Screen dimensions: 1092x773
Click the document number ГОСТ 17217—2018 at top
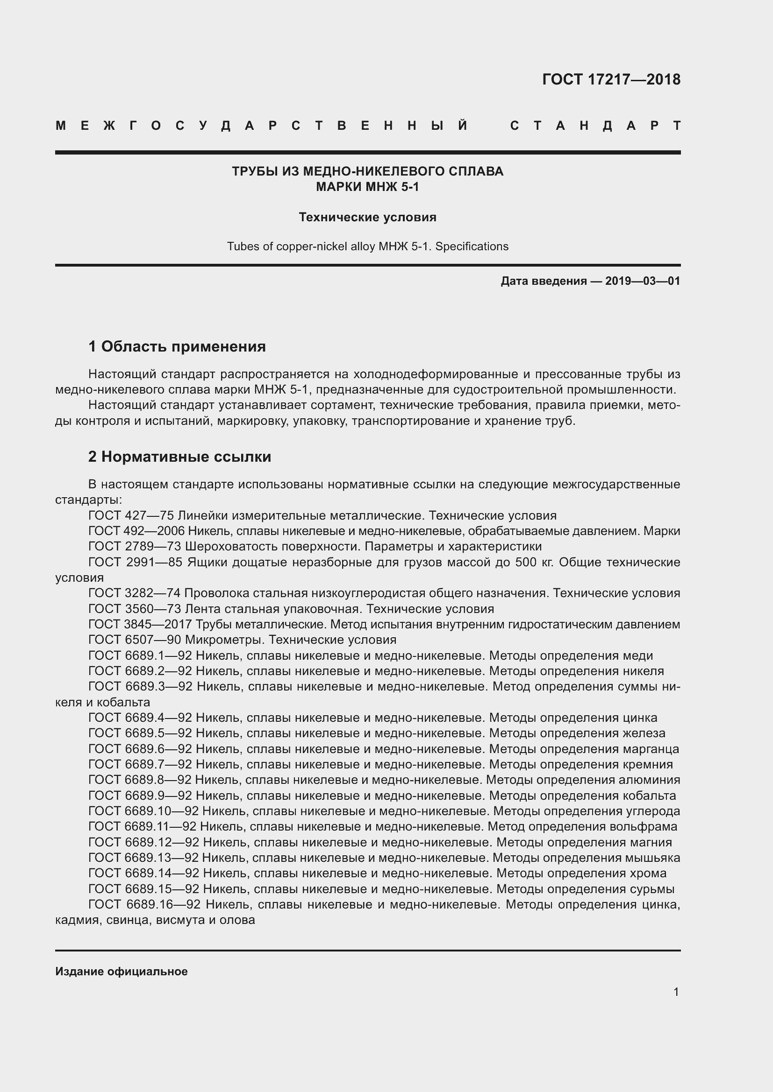point(611,79)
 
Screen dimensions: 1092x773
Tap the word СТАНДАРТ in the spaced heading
point(595,126)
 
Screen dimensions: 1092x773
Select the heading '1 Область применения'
point(177,346)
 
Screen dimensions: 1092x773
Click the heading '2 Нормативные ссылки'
point(179,457)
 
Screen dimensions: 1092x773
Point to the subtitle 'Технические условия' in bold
point(367,218)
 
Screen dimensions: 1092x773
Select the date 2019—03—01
point(642,281)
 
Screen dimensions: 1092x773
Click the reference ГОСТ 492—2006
point(136,531)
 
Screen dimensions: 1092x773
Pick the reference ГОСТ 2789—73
point(135,547)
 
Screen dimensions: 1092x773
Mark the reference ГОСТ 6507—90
point(135,640)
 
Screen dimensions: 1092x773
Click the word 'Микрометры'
point(224,640)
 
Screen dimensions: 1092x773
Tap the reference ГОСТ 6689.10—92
point(143,811)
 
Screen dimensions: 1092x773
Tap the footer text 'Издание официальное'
point(122,971)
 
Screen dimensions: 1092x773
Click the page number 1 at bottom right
point(676,992)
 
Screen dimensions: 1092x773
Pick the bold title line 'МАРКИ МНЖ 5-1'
point(367,187)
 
